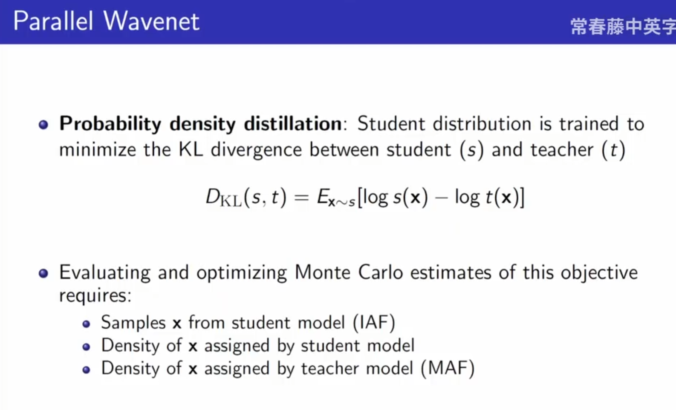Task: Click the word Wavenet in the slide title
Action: [151, 21]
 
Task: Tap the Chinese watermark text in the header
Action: [623, 26]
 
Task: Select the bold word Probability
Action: [110, 124]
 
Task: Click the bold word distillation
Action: [293, 123]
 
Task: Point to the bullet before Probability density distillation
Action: [43, 124]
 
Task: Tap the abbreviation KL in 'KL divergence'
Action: [191, 149]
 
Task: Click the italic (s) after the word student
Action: [472, 150]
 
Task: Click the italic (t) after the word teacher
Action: [613, 150]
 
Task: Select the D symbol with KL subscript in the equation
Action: [224, 198]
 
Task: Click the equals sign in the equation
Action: [302, 198]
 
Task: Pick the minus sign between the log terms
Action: [441, 198]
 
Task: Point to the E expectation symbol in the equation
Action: [323, 197]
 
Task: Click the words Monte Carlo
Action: [349, 272]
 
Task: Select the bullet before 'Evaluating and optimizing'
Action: [43, 273]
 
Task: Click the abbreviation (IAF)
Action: [374, 323]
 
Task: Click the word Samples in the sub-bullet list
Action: [133, 323]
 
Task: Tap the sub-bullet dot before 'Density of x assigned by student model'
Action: [86, 347]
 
